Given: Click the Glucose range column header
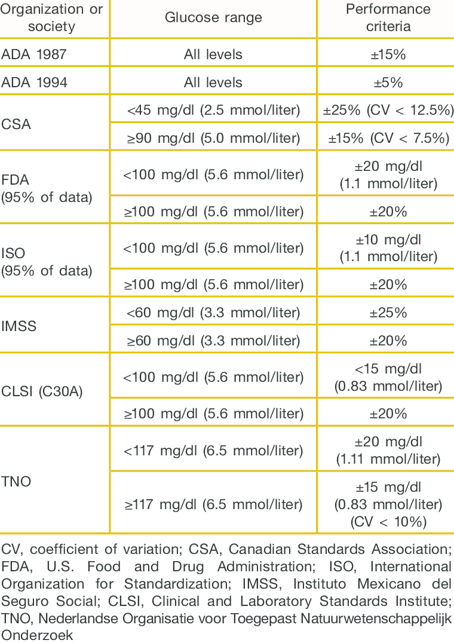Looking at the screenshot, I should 213,18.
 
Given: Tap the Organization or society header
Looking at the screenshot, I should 52,18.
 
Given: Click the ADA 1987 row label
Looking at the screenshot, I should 34,54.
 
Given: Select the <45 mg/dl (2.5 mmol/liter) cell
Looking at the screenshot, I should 213,110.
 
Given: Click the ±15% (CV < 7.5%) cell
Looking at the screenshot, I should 388,138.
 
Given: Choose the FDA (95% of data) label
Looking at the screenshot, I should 47,189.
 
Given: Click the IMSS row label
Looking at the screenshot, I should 20,327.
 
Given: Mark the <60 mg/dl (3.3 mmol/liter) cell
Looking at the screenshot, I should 213,313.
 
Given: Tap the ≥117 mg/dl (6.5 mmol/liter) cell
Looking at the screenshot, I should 213,504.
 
